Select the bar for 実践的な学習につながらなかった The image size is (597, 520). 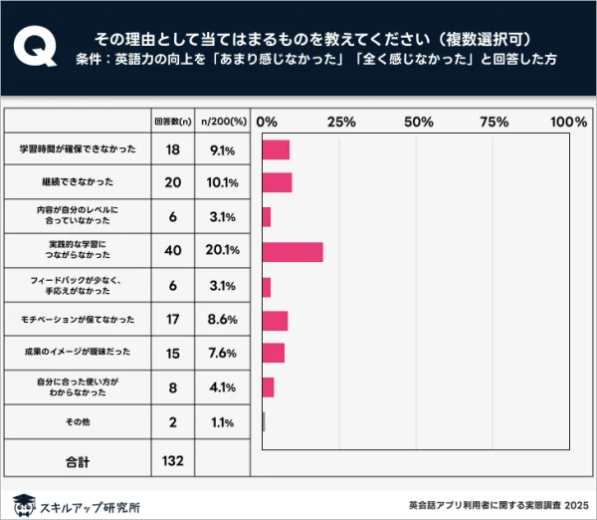click(x=293, y=252)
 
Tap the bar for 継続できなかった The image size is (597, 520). click(x=277, y=183)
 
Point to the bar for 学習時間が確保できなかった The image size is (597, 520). click(x=276, y=149)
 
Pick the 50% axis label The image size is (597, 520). click(x=418, y=122)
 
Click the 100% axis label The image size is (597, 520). click(x=568, y=122)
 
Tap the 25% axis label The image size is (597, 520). click(x=341, y=122)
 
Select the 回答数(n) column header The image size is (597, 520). click(x=172, y=122)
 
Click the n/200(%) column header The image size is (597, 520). click(x=222, y=122)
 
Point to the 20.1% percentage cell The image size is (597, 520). click(x=222, y=252)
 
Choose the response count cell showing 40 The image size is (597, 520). click(x=172, y=252)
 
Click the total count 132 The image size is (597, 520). click(x=172, y=460)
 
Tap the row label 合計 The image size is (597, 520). click(x=77, y=460)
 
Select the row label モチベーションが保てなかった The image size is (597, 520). click(x=77, y=320)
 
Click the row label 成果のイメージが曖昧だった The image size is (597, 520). click(x=77, y=354)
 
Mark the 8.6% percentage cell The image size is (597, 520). click(x=222, y=320)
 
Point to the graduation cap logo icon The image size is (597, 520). click(x=23, y=503)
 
